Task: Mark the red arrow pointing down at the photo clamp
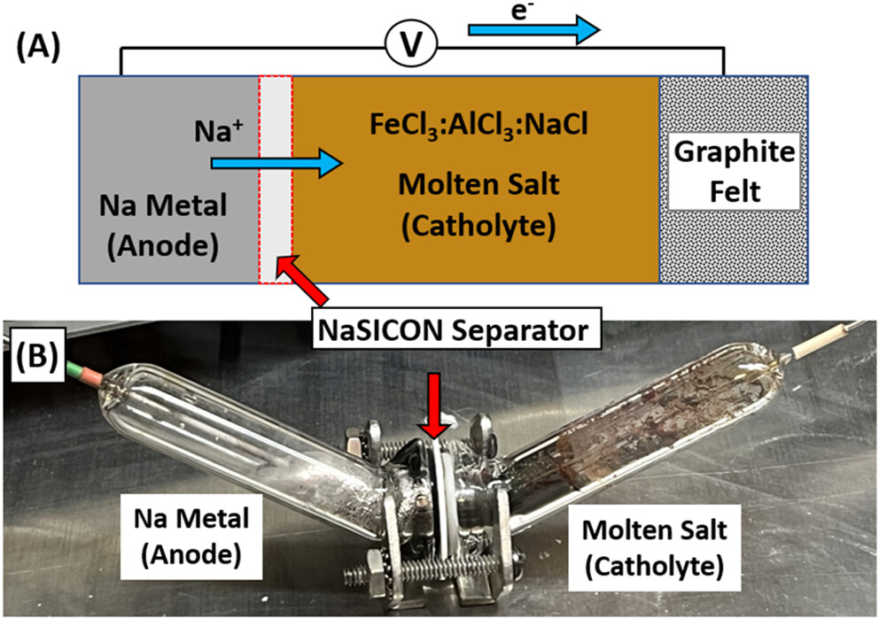(433, 398)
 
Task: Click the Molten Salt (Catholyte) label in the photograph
(655, 545)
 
